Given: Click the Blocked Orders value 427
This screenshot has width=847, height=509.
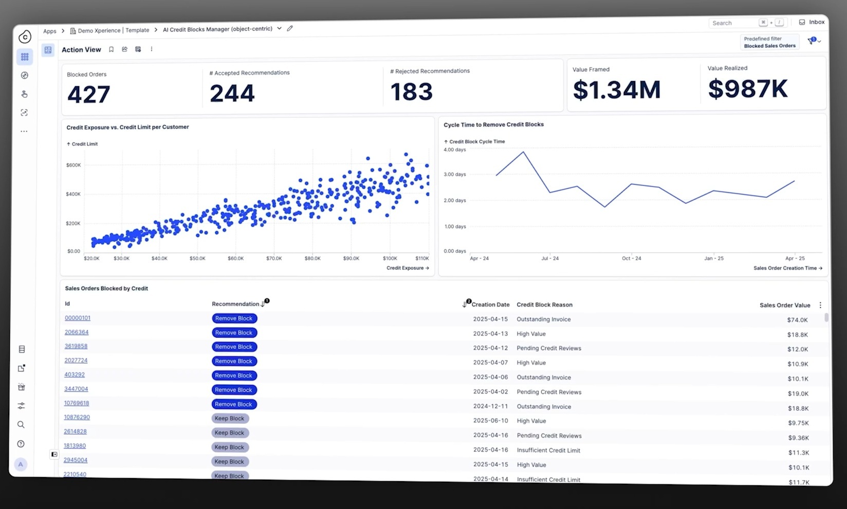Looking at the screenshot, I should click(88, 95).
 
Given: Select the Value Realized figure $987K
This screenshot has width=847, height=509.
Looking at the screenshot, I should click(747, 89).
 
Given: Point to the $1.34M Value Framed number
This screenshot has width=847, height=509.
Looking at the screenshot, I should click(616, 90).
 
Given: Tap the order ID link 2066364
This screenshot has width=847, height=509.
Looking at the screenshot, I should click(76, 332).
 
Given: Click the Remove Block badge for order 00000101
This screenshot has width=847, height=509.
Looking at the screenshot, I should click(234, 318).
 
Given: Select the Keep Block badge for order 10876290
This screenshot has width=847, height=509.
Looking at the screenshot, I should click(229, 419).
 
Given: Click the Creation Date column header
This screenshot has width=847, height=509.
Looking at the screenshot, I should click(490, 305).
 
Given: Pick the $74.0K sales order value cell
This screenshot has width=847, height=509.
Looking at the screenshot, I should click(797, 320).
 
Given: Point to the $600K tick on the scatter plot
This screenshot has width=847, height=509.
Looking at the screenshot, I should click(73, 165).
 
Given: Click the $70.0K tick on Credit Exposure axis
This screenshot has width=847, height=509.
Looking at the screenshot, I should click(274, 258).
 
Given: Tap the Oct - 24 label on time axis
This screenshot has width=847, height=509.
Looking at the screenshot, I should click(631, 258).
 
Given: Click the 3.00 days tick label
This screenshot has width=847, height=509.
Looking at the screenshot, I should click(454, 175).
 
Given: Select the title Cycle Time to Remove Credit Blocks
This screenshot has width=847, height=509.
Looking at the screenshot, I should click(493, 125).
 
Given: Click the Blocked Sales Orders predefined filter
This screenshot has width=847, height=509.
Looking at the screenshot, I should click(769, 46).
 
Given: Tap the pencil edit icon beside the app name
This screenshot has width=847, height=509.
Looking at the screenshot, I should click(290, 29).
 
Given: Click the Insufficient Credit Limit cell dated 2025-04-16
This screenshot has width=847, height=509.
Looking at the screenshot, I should click(548, 450).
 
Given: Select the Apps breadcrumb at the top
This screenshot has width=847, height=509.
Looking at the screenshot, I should click(50, 31).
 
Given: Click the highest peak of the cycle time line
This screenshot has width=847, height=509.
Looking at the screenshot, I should click(523, 152).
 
